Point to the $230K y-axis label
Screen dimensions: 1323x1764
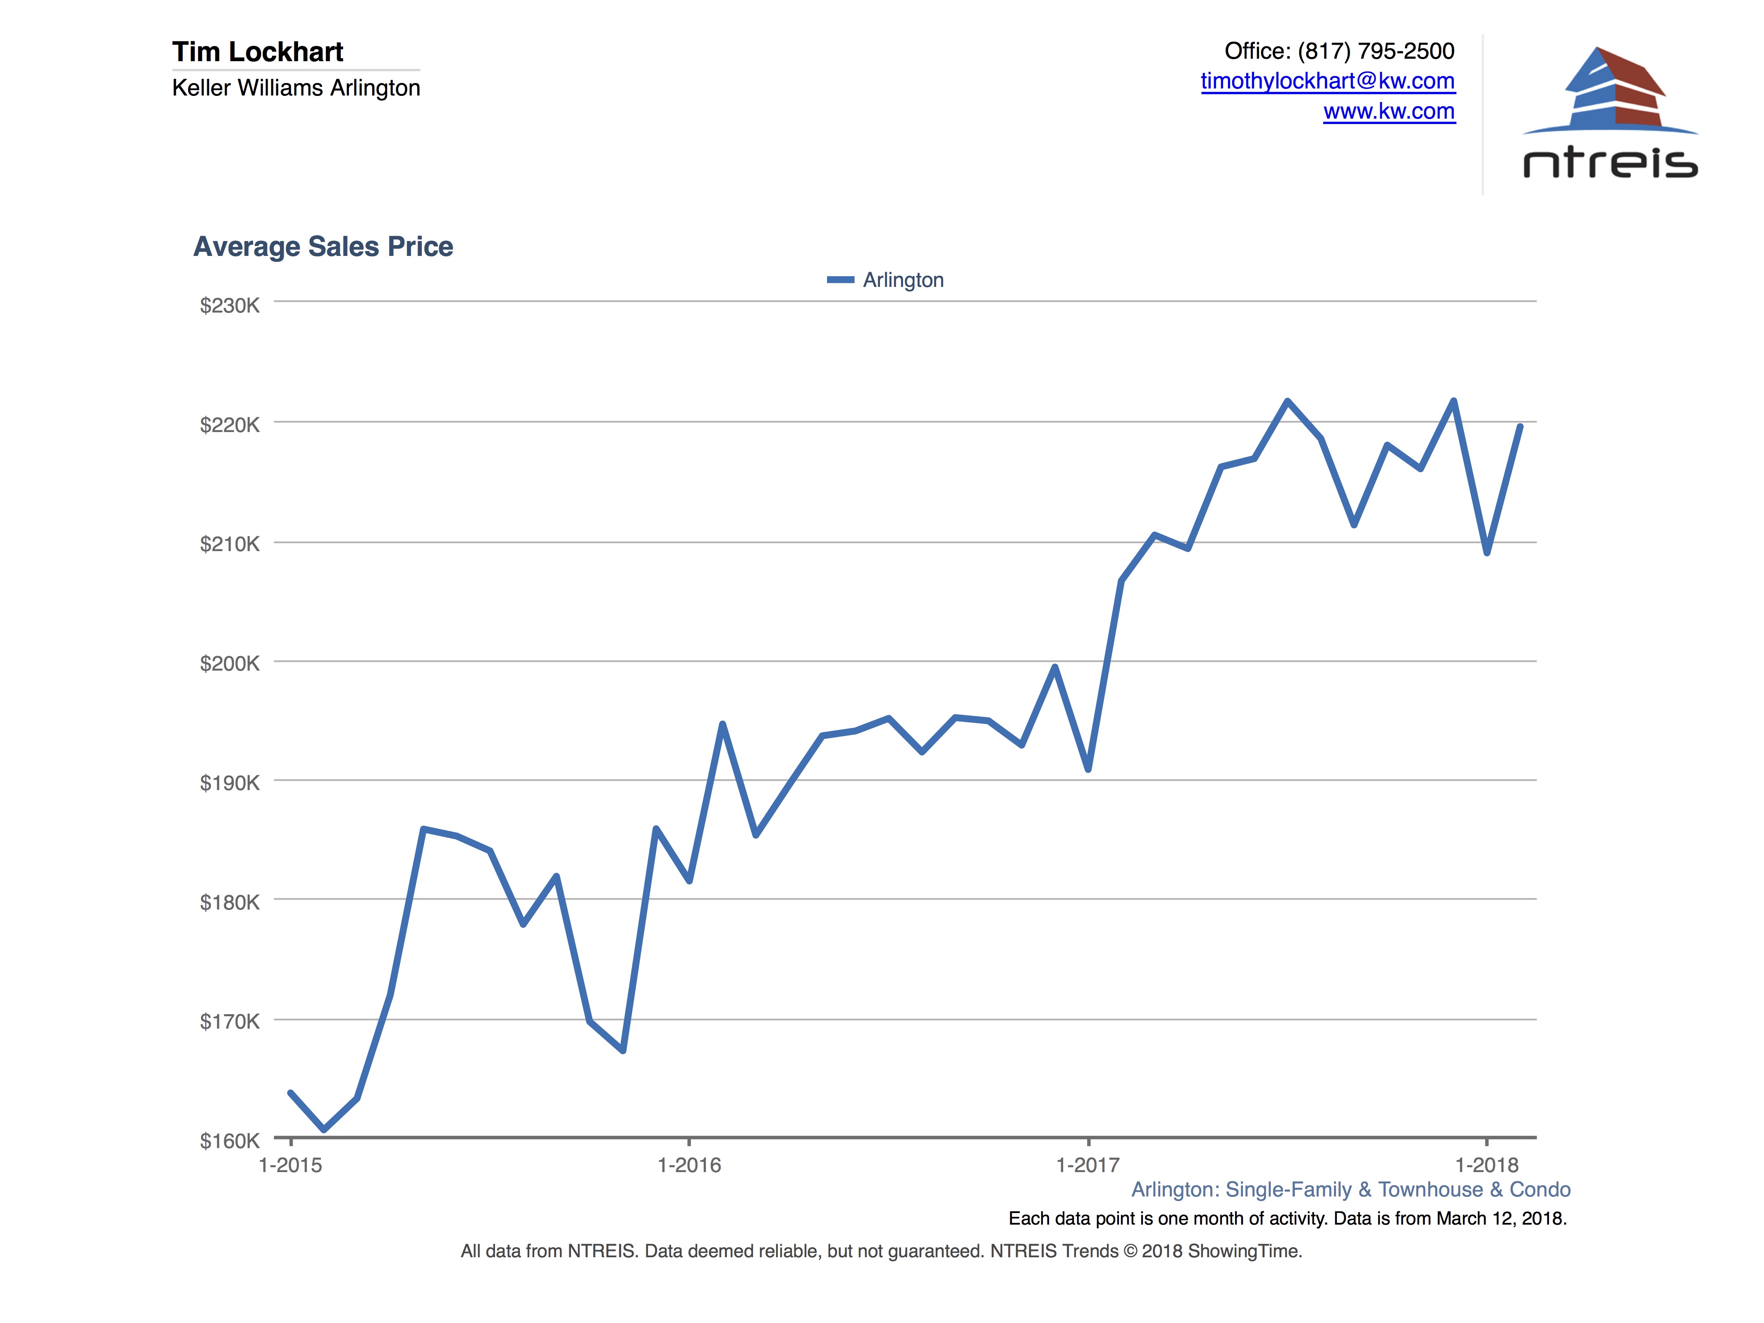coord(229,306)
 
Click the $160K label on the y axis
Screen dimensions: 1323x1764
coord(229,1140)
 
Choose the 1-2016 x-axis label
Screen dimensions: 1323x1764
coord(689,1165)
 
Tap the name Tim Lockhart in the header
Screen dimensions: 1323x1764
coord(258,52)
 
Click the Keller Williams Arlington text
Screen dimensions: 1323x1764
coord(296,88)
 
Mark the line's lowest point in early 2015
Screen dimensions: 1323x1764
coord(324,1129)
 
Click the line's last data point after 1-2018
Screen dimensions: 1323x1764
coord(1520,427)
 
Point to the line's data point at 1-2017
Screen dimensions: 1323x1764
coord(1088,769)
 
